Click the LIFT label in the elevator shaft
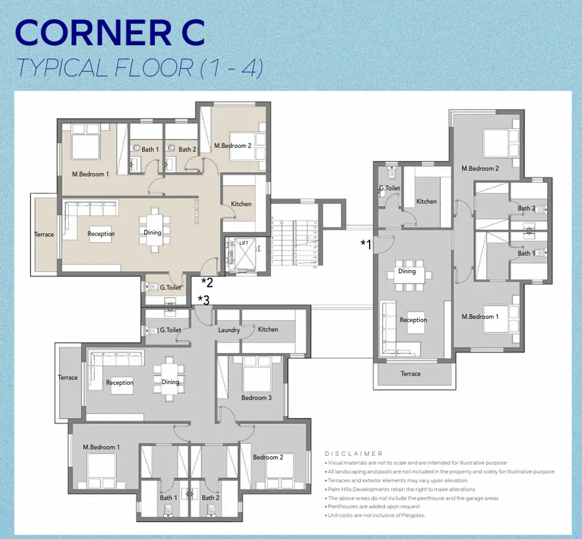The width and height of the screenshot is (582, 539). pyautogui.click(x=244, y=242)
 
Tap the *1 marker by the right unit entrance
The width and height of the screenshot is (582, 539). pyautogui.click(x=365, y=244)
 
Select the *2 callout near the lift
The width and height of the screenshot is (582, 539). pyautogui.click(x=206, y=282)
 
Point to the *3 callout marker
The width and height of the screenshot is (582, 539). pyautogui.click(x=203, y=300)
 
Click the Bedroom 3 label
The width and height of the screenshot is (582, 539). pyautogui.click(x=256, y=397)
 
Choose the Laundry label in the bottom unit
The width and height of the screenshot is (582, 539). pyautogui.click(x=229, y=330)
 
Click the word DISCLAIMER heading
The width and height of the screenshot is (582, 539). pyautogui.click(x=353, y=453)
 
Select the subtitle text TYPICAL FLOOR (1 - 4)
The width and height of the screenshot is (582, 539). pyautogui.click(x=139, y=68)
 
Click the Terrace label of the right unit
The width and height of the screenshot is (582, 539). pyautogui.click(x=411, y=374)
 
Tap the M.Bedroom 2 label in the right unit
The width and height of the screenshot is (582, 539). pyautogui.click(x=480, y=168)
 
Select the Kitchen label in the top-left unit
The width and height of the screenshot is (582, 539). pyautogui.click(x=241, y=204)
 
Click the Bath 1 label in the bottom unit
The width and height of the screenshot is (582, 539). pyautogui.click(x=168, y=498)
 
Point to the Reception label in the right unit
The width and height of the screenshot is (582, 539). pyautogui.click(x=413, y=320)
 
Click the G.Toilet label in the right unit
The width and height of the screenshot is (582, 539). pyautogui.click(x=390, y=188)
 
